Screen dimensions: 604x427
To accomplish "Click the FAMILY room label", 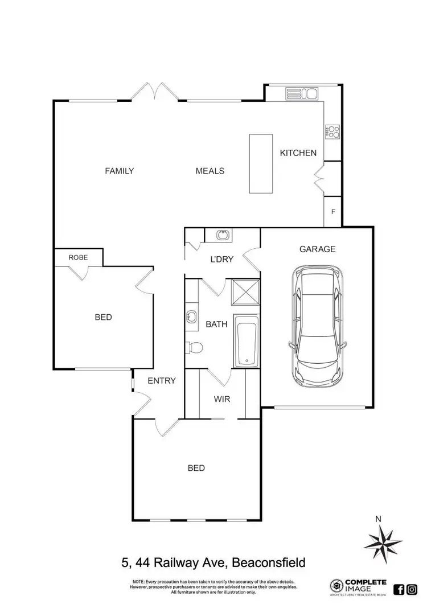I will tap(119, 171).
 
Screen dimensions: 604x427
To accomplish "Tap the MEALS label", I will tap(210, 171).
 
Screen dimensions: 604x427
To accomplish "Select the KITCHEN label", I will tap(298, 153).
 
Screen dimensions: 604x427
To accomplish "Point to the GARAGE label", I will tap(317, 249).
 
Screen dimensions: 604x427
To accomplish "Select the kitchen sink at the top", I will tap(302, 94).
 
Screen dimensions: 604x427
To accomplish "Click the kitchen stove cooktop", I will tap(332, 132).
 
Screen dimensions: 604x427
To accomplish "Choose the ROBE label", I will tap(78, 257).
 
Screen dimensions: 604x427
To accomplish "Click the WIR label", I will tap(222, 400).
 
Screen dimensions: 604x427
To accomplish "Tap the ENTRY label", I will tap(162, 381).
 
